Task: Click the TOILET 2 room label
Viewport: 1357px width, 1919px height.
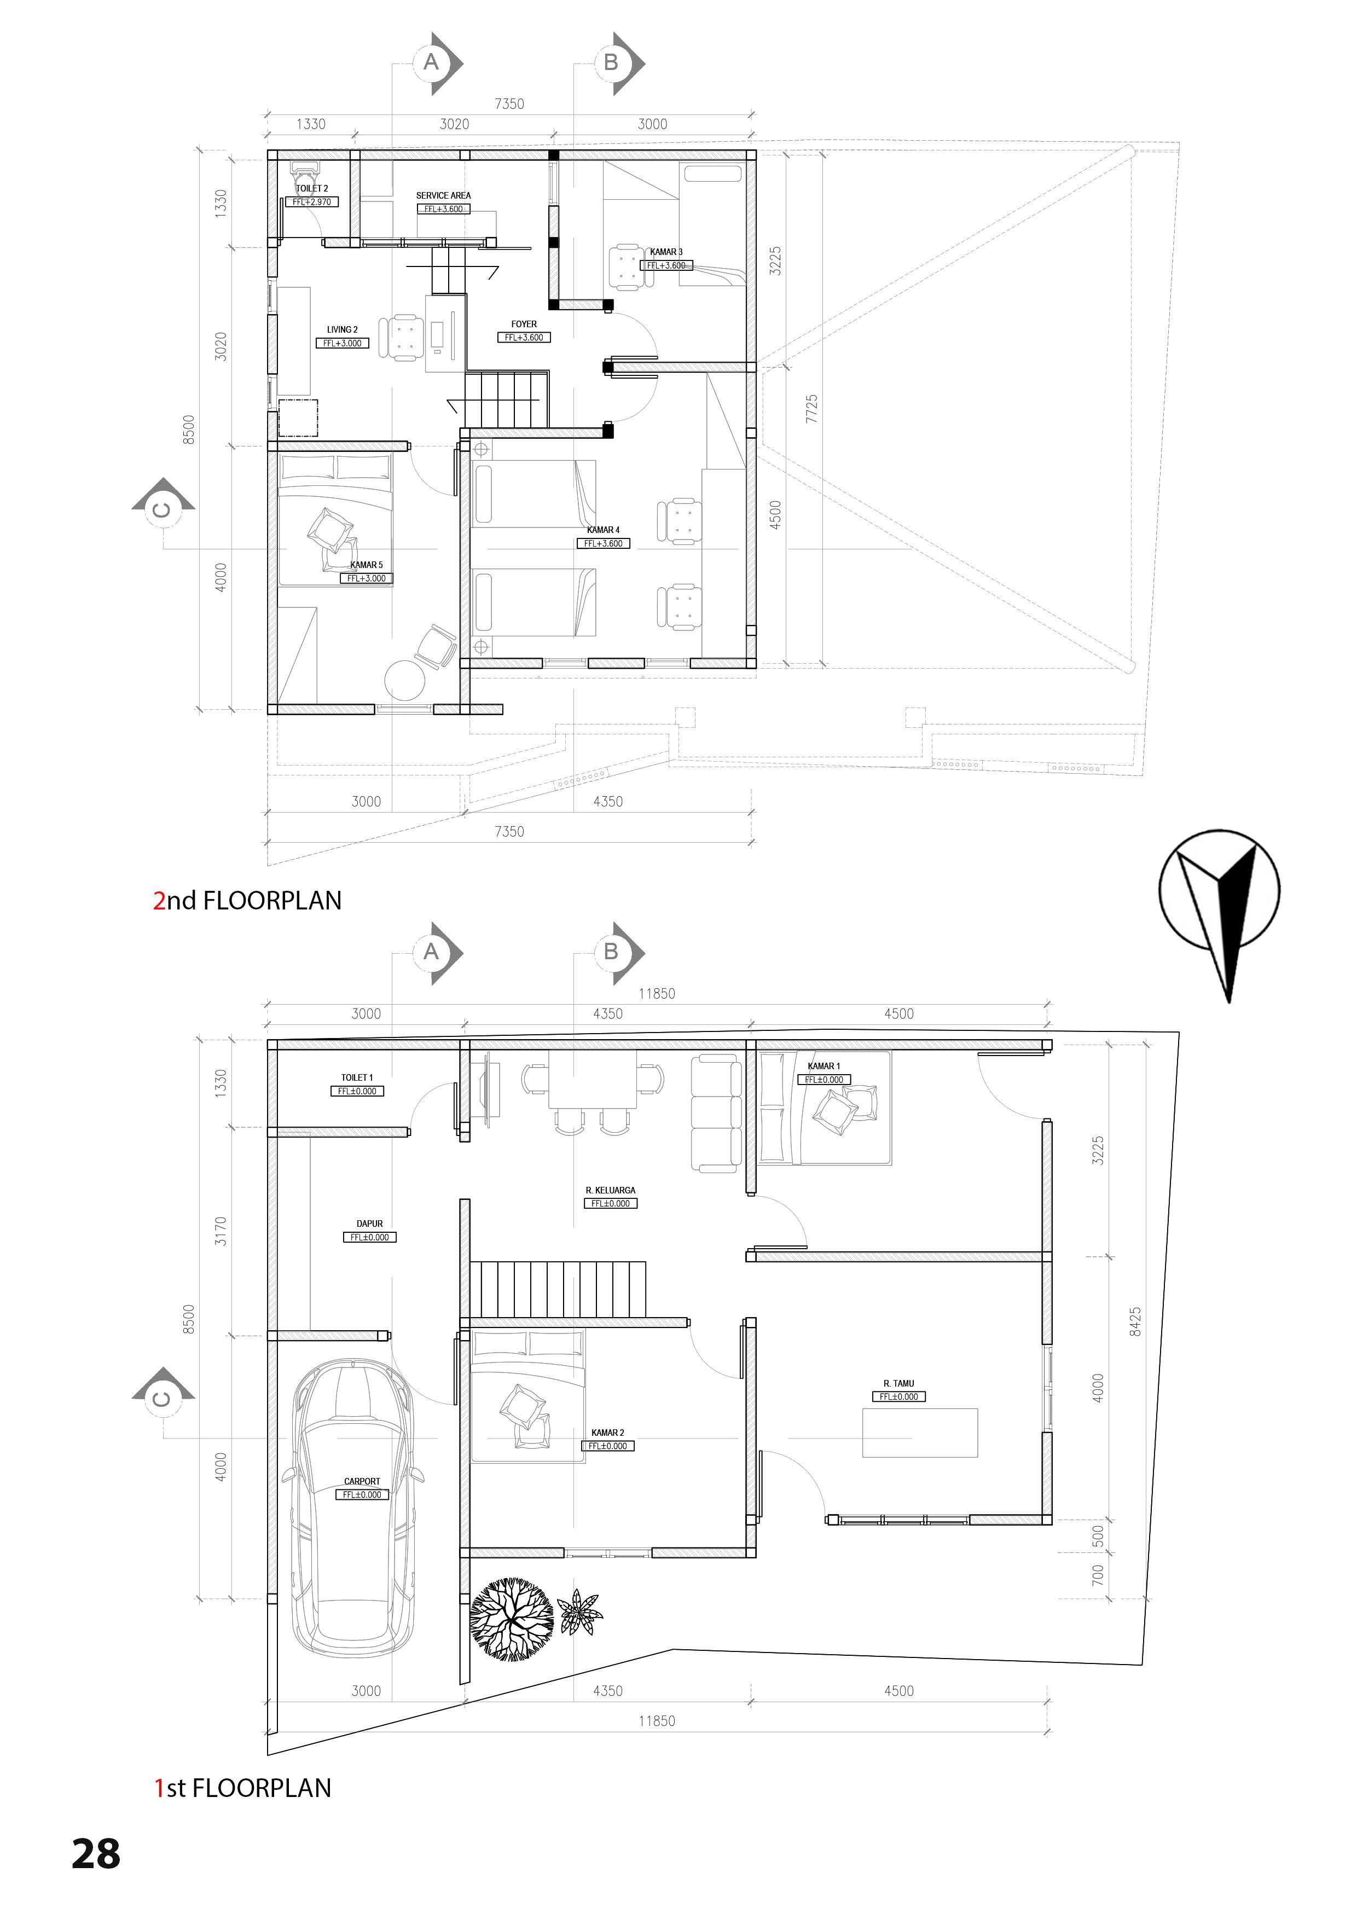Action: (x=312, y=189)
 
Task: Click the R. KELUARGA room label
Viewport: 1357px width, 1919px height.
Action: (x=610, y=1190)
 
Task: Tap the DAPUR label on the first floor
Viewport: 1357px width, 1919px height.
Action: (x=369, y=1224)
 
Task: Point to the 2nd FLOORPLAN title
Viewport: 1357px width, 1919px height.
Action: (x=247, y=900)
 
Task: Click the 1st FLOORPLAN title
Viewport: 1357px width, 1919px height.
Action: (x=242, y=1788)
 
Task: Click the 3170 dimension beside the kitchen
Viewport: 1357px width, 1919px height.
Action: (x=221, y=1230)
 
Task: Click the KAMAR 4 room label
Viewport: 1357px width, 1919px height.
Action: (x=602, y=530)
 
